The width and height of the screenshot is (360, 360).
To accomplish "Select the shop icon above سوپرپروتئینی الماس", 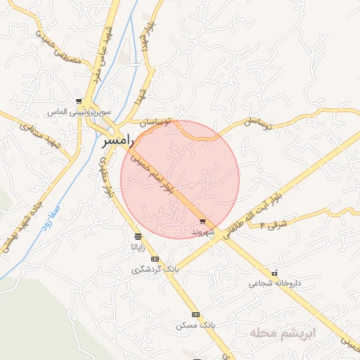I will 79,102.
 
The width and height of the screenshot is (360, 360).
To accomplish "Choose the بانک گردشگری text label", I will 158,269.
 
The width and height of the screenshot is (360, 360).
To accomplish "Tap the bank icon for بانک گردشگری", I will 155,258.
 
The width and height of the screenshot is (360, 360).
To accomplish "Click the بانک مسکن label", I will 195,326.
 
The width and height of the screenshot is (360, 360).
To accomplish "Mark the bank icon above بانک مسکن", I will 195,314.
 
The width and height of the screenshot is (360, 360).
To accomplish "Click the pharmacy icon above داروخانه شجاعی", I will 274,273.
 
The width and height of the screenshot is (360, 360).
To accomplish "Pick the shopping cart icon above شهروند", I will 203,221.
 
